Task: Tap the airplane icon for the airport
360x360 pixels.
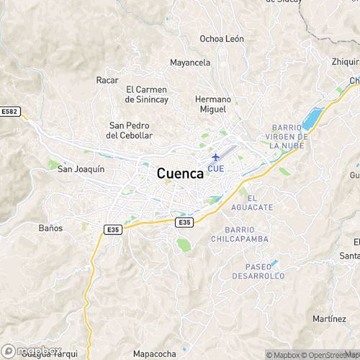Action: tap(215, 157)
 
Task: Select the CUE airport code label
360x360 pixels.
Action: tap(215, 168)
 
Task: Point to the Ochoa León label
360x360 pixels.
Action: tap(222, 39)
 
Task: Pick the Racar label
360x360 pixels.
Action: tap(107, 80)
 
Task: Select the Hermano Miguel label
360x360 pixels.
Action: tap(212, 104)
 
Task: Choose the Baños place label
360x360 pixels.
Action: tap(50, 228)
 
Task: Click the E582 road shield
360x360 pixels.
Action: tap(11, 112)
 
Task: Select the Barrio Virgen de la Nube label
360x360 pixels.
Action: tap(286, 136)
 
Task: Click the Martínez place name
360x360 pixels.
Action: tap(330, 318)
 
